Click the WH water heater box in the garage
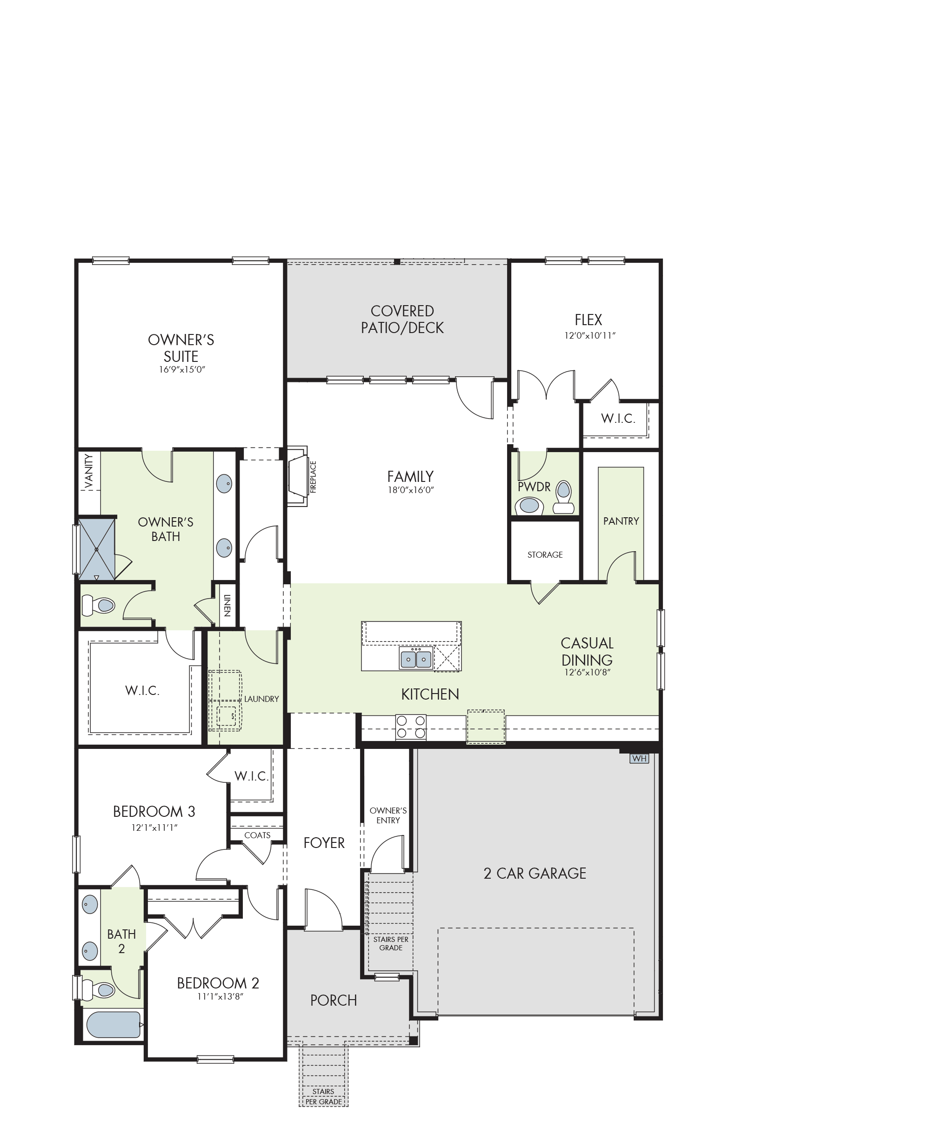pyautogui.click(x=639, y=758)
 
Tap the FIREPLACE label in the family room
pyautogui.click(x=313, y=477)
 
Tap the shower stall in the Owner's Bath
pyautogui.click(x=97, y=549)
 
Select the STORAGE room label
pyautogui.click(x=545, y=555)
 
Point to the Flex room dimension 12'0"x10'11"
pyautogui.click(x=589, y=336)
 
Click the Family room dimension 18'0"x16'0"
pyautogui.click(x=410, y=490)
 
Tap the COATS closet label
pyautogui.click(x=257, y=835)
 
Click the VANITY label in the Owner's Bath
pyautogui.click(x=89, y=471)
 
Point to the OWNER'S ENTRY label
pyautogui.click(x=388, y=815)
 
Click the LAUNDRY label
pyautogui.click(x=261, y=699)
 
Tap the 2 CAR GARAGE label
pyautogui.click(x=535, y=874)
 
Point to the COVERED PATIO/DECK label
pyautogui.click(x=402, y=320)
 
